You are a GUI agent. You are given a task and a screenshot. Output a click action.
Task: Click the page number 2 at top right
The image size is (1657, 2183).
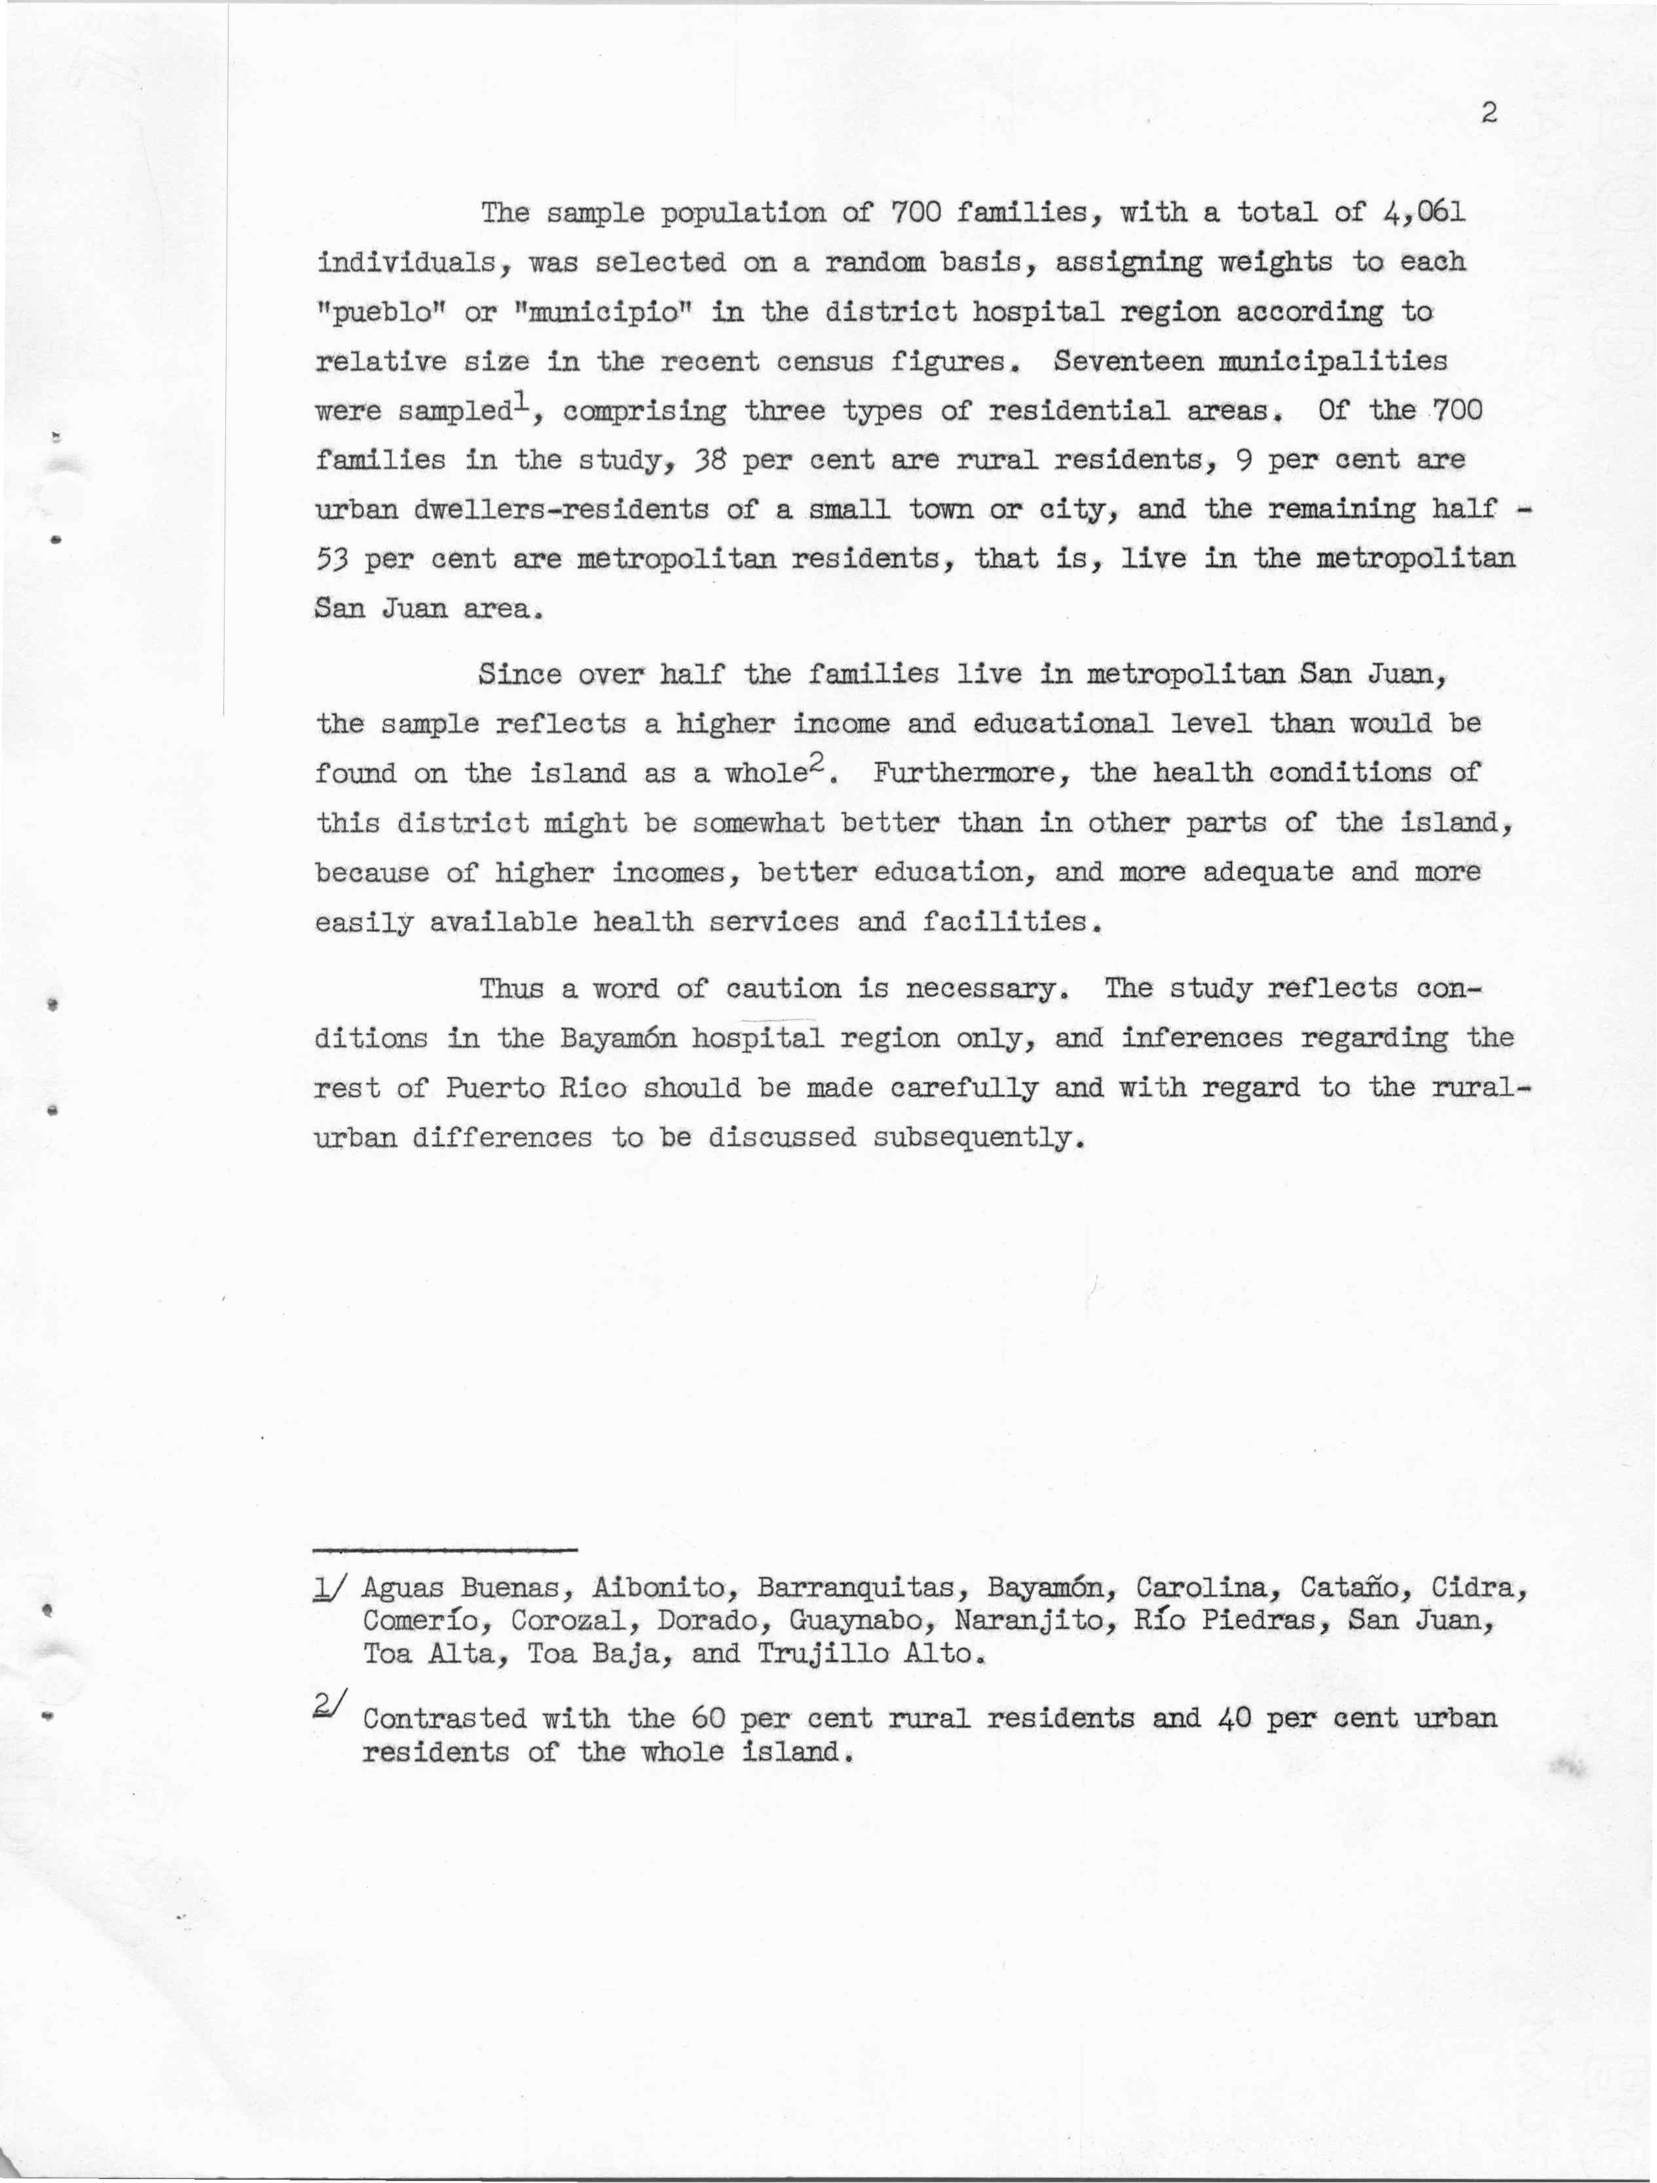(1489, 113)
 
